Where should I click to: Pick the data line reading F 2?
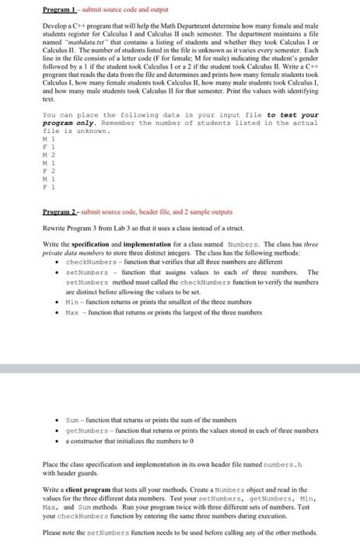click(47, 170)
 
